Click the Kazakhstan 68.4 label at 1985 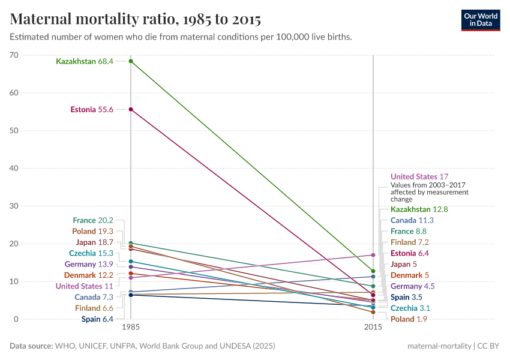coord(85,61)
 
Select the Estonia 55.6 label coord(92,109)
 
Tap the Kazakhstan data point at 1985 coord(131,61)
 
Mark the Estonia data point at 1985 coord(131,109)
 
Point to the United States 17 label coord(419,177)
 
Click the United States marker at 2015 coord(373,255)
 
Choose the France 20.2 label coord(93,221)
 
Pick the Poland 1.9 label coord(409,319)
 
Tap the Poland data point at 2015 coord(373,312)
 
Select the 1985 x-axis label coord(131,328)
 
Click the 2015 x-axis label coord(373,328)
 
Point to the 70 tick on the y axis coord(14,55)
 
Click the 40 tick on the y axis coord(14,168)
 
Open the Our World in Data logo coord(481,20)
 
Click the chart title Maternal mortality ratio coord(136,19)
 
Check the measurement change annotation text coord(429,192)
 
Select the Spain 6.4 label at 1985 coord(97,319)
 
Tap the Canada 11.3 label coord(412,220)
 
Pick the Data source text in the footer coord(142,346)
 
